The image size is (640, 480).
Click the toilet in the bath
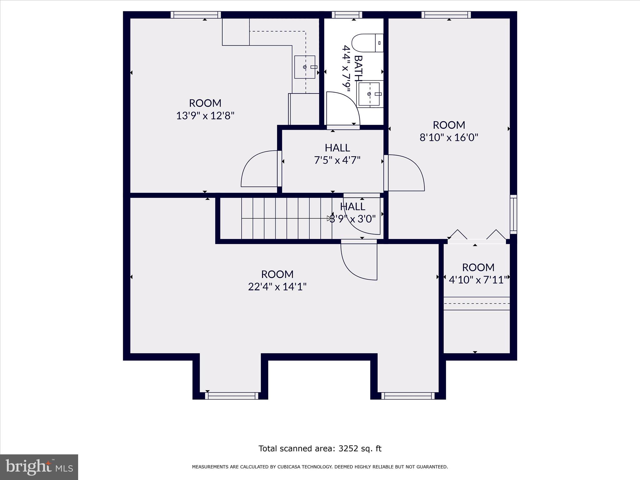367,43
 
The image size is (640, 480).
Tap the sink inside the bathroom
370,94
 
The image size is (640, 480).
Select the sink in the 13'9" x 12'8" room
305,67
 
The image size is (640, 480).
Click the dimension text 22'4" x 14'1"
277,287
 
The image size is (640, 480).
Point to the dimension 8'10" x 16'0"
449,137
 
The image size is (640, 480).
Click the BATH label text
358,68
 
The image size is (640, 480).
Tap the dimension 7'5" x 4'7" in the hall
337,160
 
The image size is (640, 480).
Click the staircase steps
281,218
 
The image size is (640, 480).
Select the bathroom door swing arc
344,108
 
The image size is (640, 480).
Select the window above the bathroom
347,15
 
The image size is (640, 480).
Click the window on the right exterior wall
513,214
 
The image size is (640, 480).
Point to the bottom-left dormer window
232,396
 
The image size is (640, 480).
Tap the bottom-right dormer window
408,396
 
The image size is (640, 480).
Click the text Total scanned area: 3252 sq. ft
320,449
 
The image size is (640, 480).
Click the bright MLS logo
39,467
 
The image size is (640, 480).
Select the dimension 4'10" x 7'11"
478,280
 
